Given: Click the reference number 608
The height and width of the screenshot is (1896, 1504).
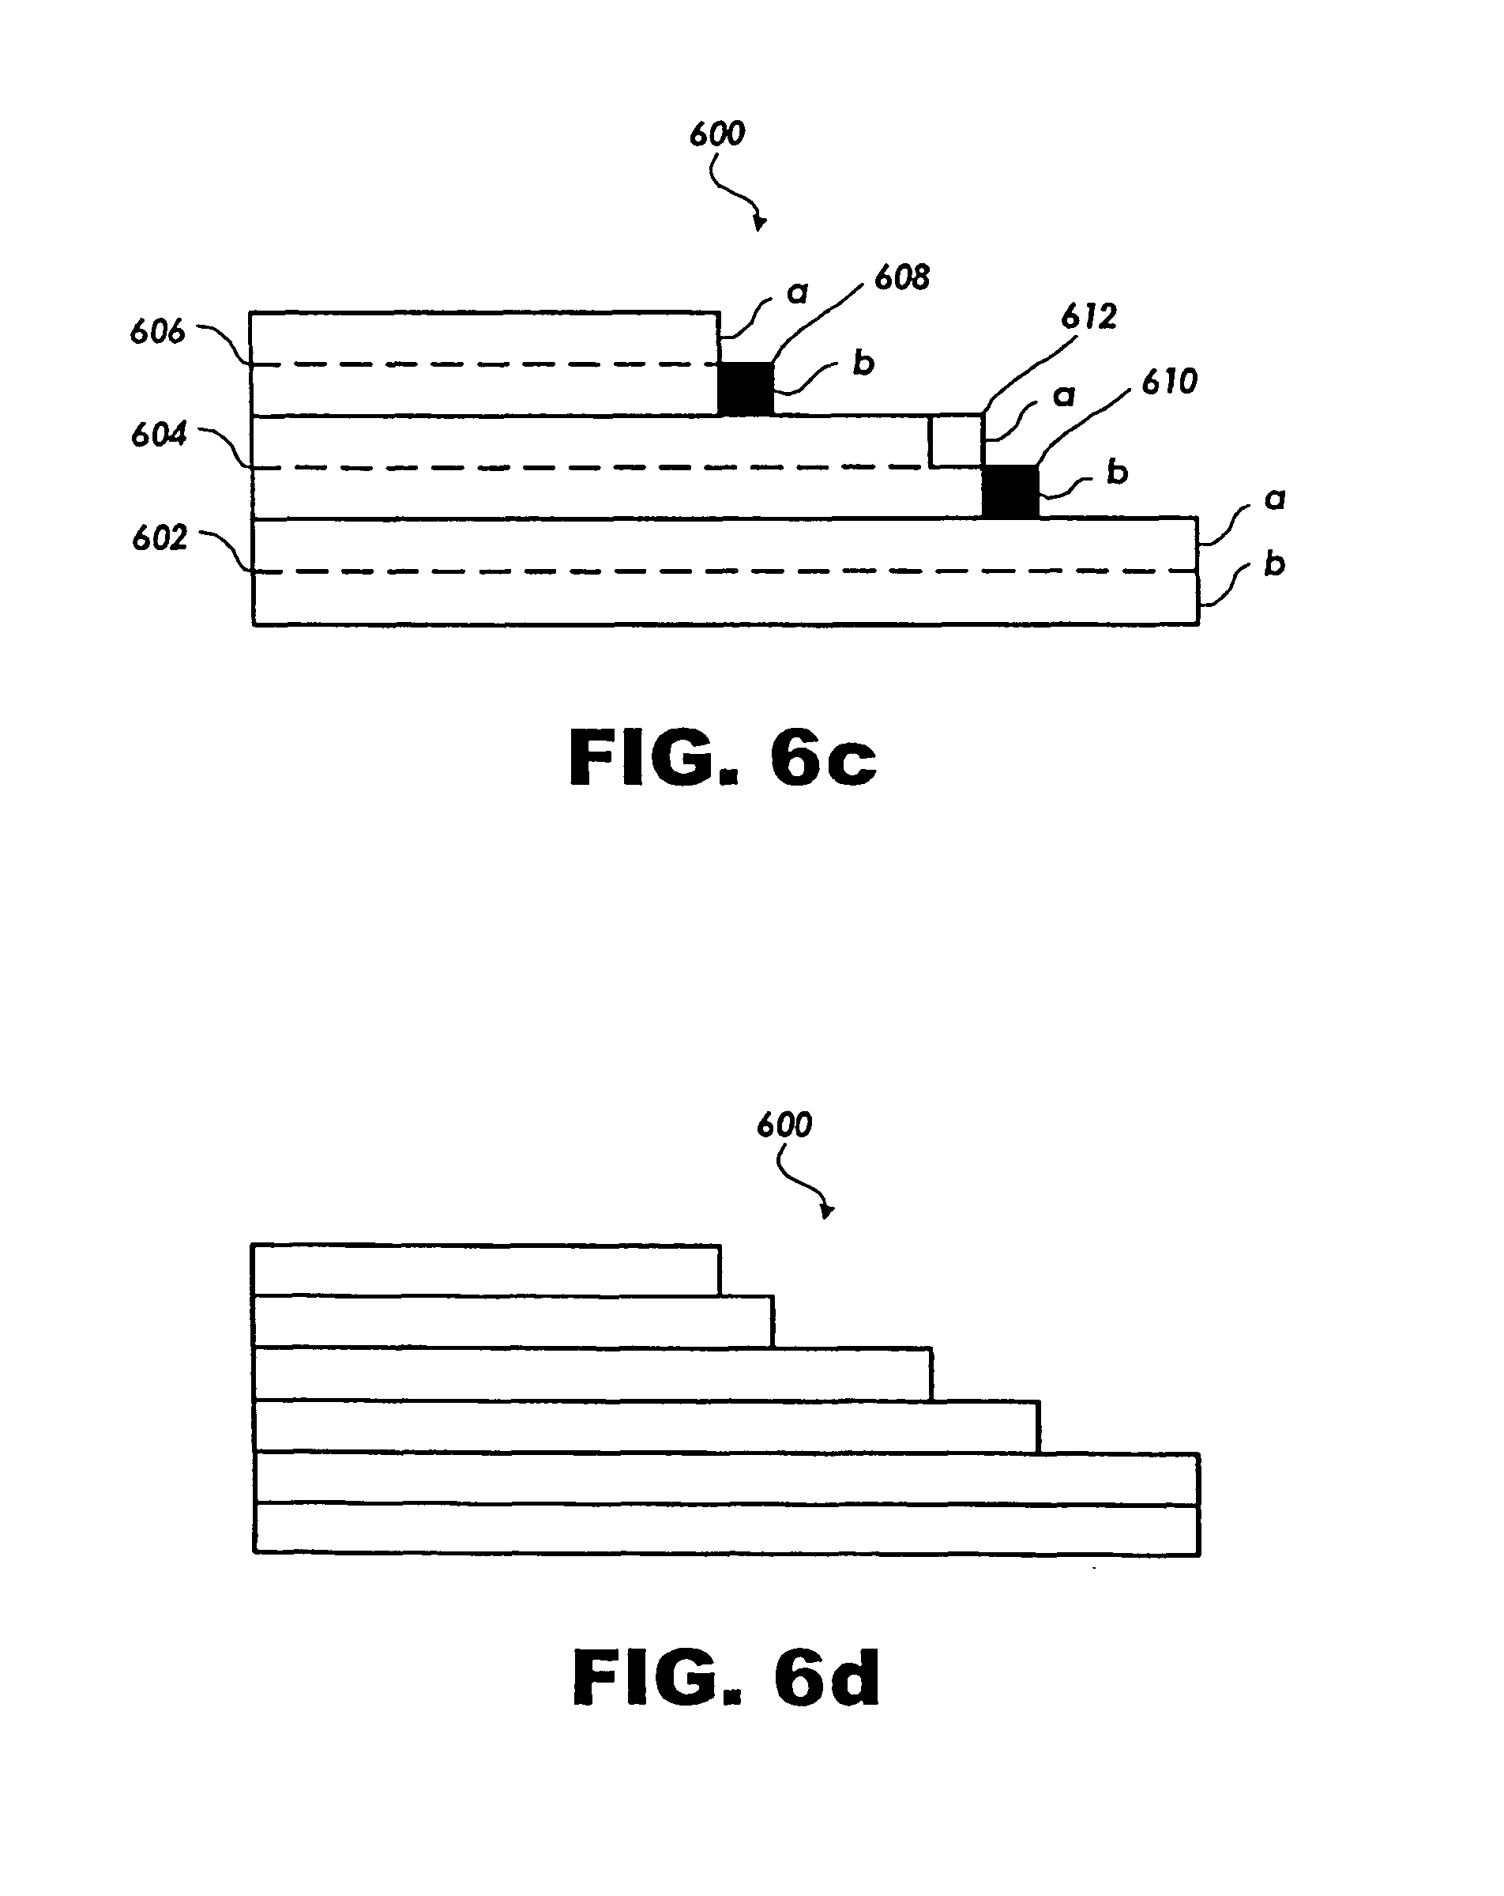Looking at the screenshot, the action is pyautogui.click(x=901, y=278).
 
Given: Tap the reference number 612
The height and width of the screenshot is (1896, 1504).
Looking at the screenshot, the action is pyautogui.click(x=1089, y=317).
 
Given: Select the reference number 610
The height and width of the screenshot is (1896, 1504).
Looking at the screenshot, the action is pyautogui.click(x=1169, y=382).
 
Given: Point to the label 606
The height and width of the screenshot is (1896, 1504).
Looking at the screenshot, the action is pyautogui.click(x=157, y=331).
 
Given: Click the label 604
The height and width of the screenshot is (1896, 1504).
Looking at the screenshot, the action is pyautogui.click(x=159, y=435).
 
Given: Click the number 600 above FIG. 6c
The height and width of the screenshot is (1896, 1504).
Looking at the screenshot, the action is pyautogui.click(x=716, y=134).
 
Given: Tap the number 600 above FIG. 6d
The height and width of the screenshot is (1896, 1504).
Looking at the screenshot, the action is pyautogui.click(x=784, y=1125).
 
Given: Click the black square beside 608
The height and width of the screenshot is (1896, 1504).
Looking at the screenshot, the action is pyautogui.click(x=746, y=389).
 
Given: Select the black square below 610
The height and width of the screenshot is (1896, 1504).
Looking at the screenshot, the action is pyautogui.click(x=1010, y=492).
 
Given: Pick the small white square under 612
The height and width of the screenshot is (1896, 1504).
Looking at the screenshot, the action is pyautogui.click(x=957, y=440).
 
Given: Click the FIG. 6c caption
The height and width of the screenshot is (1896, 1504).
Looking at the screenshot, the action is pyautogui.click(x=723, y=758).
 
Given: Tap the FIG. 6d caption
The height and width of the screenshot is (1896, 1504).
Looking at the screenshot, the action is pyautogui.click(x=726, y=1678).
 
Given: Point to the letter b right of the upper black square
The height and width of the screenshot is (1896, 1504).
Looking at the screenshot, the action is pyautogui.click(x=863, y=362).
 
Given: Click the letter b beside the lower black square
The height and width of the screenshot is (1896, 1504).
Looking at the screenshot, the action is pyautogui.click(x=1116, y=471).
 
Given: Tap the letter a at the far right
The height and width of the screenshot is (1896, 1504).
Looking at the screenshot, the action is pyautogui.click(x=1275, y=499).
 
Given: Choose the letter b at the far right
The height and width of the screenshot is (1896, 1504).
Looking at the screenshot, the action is pyautogui.click(x=1275, y=563).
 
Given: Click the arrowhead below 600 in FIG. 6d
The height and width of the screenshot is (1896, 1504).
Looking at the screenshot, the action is pyautogui.click(x=827, y=1212).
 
